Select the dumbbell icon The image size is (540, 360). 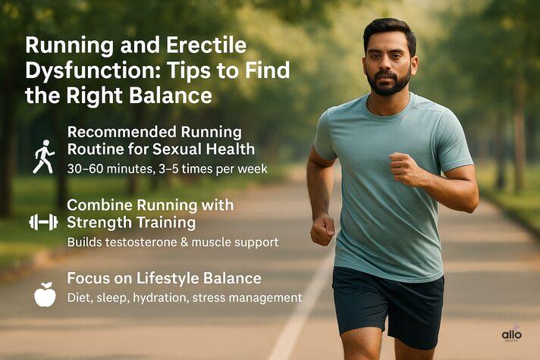43,221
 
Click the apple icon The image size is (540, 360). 45,294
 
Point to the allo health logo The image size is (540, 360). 512,334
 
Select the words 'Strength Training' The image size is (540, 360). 131,222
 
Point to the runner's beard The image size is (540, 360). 388,82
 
